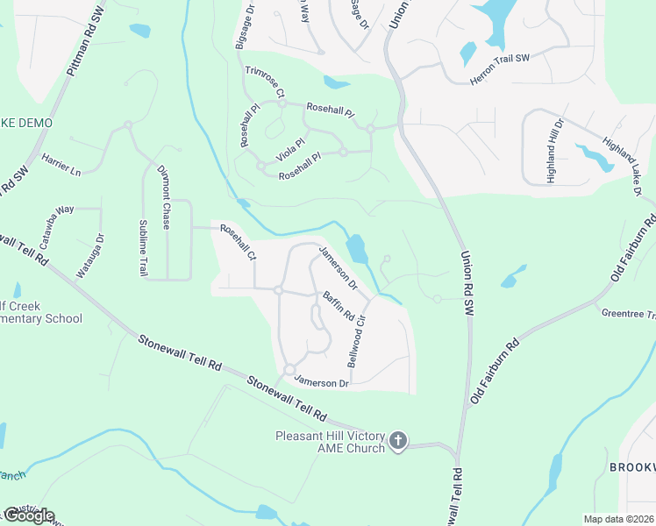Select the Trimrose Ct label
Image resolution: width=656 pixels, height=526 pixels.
pyautogui.click(x=266, y=81)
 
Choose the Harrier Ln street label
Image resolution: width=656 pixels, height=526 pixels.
pyautogui.click(x=61, y=162)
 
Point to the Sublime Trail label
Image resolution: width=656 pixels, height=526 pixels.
pyautogui.click(x=143, y=249)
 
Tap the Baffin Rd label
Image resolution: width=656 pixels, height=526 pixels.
pyautogui.click(x=338, y=305)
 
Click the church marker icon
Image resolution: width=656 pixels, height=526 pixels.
pyautogui.click(x=398, y=441)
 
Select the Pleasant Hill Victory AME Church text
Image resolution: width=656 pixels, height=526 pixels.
pyautogui.click(x=330, y=442)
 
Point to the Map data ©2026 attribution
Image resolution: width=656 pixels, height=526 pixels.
pyautogui.click(x=618, y=519)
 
